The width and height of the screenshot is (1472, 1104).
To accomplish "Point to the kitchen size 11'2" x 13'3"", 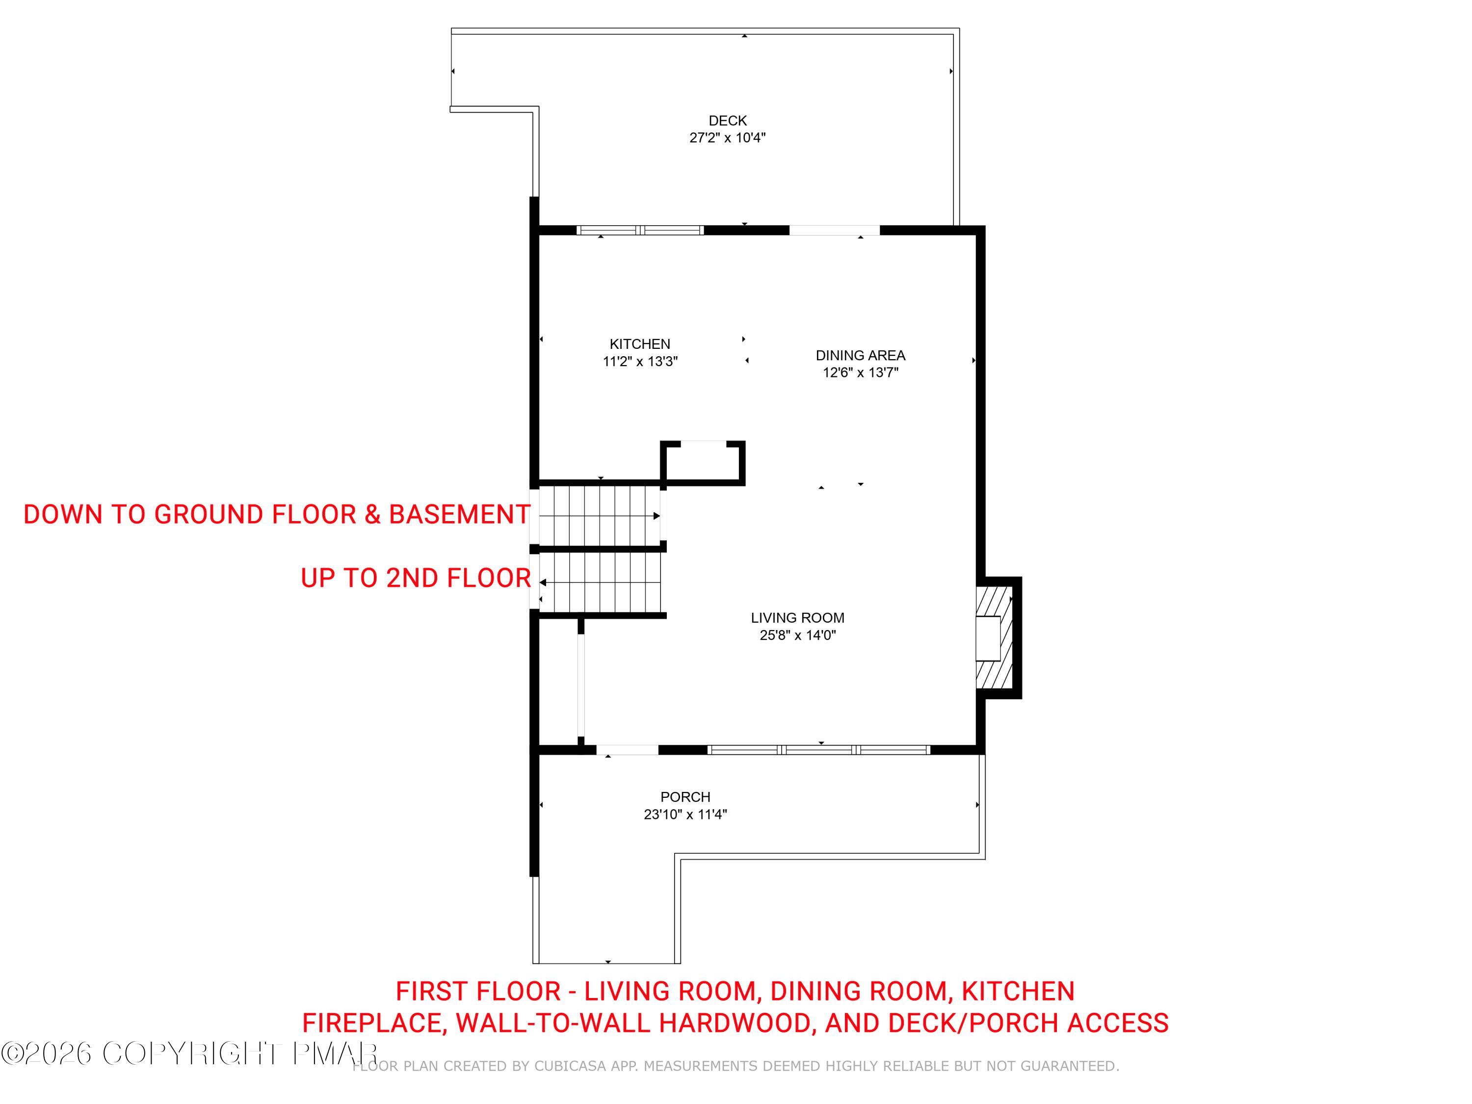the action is pyautogui.click(x=640, y=361).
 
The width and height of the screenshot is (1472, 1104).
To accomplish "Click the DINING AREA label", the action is pyautogui.click(x=861, y=355).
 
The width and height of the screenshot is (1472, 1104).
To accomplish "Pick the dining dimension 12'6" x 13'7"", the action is pyautogui.click(x=861, y=372).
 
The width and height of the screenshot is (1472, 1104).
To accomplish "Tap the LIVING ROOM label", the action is pyautogui.click(x=797, y=618).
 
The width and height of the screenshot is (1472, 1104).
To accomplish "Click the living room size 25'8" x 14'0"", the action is pyautogui.click(x=797, y=635).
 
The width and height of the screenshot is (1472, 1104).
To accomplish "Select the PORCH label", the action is pyautogui.click(x=685, y=796).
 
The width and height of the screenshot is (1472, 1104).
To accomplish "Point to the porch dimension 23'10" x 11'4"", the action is pyautogui.click(x=685, y=814).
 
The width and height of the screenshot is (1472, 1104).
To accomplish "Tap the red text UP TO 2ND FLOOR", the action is pyautogui.click(x=416, y=578).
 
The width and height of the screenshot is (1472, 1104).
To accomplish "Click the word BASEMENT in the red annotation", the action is pyautogui.click(x=459, y=514).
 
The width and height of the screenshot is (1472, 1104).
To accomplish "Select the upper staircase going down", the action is pyautogui.click(x=599, y=516).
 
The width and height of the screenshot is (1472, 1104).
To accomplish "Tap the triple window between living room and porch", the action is pyautogui.click(x=818, y=749).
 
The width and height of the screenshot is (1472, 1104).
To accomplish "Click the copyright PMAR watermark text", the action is pyautogui.click(x=189, y=1053).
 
